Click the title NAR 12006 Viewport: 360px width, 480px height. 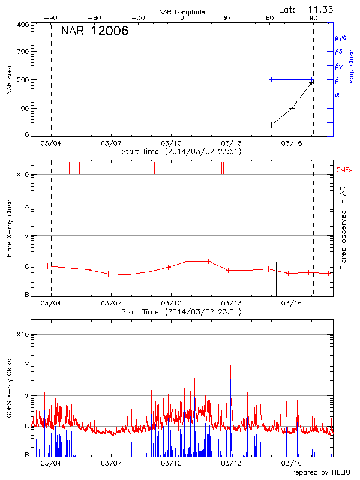pyautogui.click(x=94, y=31)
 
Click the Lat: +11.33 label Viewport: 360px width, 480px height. pyautogui.click(x=307, y=9)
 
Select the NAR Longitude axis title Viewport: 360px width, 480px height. pyautogui.click(x=182, y=12)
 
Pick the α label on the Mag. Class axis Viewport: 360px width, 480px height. pyautogui.click(x=337, y=94)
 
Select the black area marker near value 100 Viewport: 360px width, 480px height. pyautogui.click(x=292, y=108)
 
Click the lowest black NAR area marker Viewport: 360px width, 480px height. pyautogui.click(x=271, y=125)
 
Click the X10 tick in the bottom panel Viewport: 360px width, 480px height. pyautogui.click(x=22, y=334)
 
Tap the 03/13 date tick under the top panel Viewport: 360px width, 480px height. pyautogui.click(x=232, y=143)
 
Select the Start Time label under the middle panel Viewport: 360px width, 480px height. pyautogui.click(x=181, y=312)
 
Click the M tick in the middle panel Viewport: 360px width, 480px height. pyautogui.click(x=26, y=236)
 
